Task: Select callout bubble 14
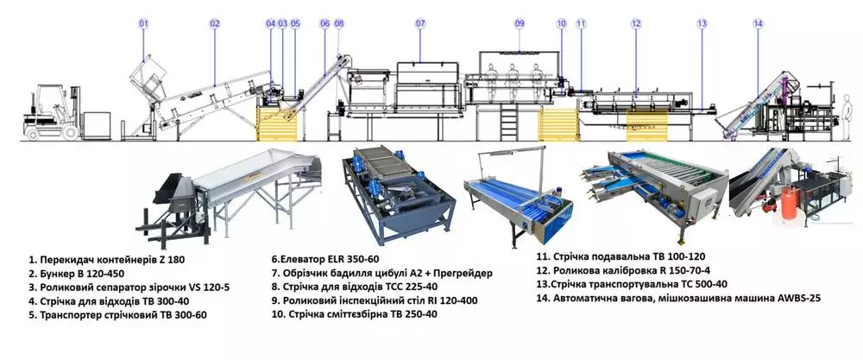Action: coord(758,23)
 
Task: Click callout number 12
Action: coord(635,23)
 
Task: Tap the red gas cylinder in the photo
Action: coord(788,205)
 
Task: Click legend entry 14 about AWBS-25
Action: coord(682,298)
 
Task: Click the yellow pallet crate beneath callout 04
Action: coord(278,126)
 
